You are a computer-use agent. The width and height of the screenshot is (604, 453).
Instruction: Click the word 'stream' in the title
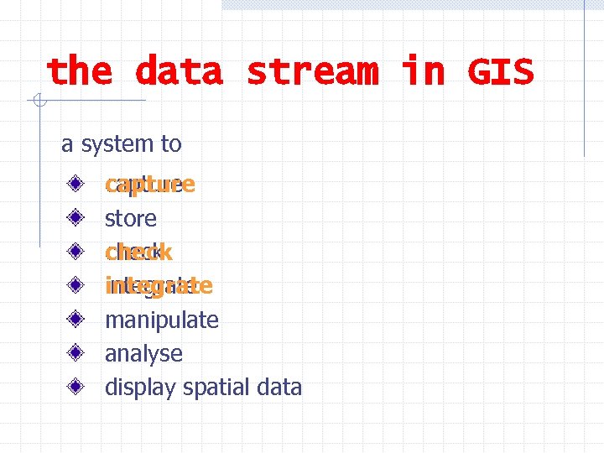tap(312, 72)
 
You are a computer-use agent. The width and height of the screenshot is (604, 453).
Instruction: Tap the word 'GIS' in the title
tap(500, 72)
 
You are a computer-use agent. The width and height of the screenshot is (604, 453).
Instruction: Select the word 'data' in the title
tap(179, 72)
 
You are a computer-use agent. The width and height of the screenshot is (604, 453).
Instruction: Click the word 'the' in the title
tap(79, 72)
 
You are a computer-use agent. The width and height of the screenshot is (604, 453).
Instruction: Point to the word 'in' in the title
tap(423, 72)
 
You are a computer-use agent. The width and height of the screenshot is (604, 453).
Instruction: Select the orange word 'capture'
tap(150, 185)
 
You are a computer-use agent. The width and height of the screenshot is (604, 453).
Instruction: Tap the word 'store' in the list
tap(131, 219)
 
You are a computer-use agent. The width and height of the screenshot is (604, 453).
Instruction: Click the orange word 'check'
tap(138, 252)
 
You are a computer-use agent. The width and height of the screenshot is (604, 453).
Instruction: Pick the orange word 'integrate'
tap(159, 286)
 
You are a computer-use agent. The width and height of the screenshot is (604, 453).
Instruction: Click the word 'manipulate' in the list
tap(162, 320)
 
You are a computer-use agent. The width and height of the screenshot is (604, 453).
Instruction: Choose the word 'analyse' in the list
tap(143, 354)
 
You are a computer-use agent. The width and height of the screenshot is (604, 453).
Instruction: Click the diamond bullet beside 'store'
tap(75, 217)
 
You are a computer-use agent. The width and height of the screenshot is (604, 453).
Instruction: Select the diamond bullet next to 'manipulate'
tap(75, 319)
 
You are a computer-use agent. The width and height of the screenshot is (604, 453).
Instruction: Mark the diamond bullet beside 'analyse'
tap(75, 352)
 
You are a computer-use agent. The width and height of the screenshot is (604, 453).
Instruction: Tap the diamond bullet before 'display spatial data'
tap(75, 386)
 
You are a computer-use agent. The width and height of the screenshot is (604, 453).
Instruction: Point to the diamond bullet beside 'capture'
tap(75, 184)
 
